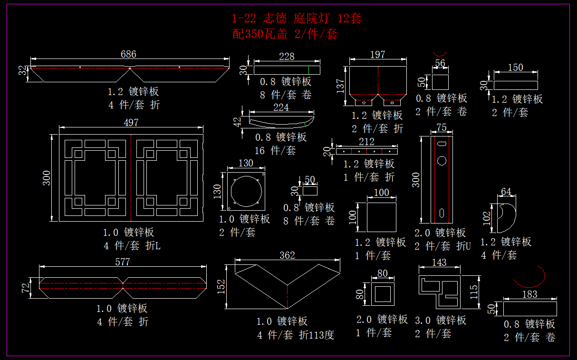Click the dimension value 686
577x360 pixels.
128,54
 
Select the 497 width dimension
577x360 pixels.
131,123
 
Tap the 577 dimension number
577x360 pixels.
122,262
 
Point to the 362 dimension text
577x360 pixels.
287,255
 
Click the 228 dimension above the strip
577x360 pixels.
287,57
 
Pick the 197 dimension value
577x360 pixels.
377,55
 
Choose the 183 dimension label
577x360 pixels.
529,294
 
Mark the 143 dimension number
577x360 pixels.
439,263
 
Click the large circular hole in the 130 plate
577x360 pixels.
246,191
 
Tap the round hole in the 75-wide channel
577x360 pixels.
442,161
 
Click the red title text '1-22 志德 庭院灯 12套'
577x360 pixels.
297,19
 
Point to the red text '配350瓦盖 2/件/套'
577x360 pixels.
285,34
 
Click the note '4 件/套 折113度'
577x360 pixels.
296,335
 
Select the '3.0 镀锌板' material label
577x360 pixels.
441,320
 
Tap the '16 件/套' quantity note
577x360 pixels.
275,151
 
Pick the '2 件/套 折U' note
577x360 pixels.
442,246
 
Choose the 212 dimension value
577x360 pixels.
366,142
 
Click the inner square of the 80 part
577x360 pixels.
383,293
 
